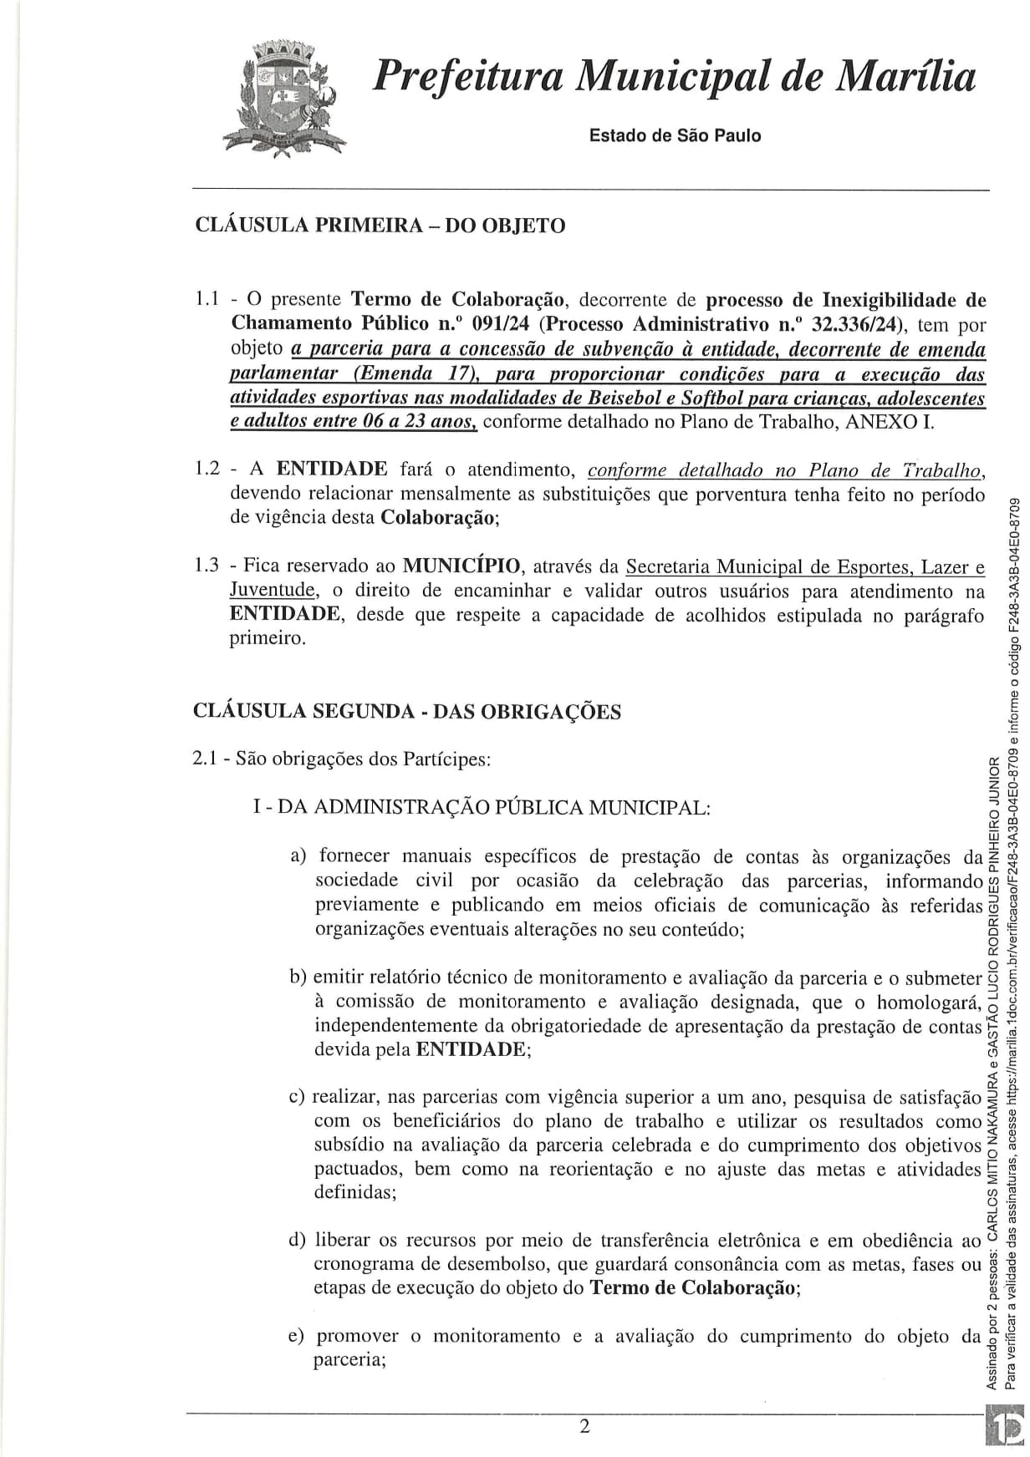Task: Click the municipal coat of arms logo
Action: pos(282,99)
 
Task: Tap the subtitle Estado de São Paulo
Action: pos(675,135)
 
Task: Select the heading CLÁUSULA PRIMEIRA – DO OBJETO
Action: pos(380,226)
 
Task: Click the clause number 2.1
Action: pos(206,759)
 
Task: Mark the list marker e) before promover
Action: pos(297,1336)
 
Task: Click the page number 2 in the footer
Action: pos(584,1425)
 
